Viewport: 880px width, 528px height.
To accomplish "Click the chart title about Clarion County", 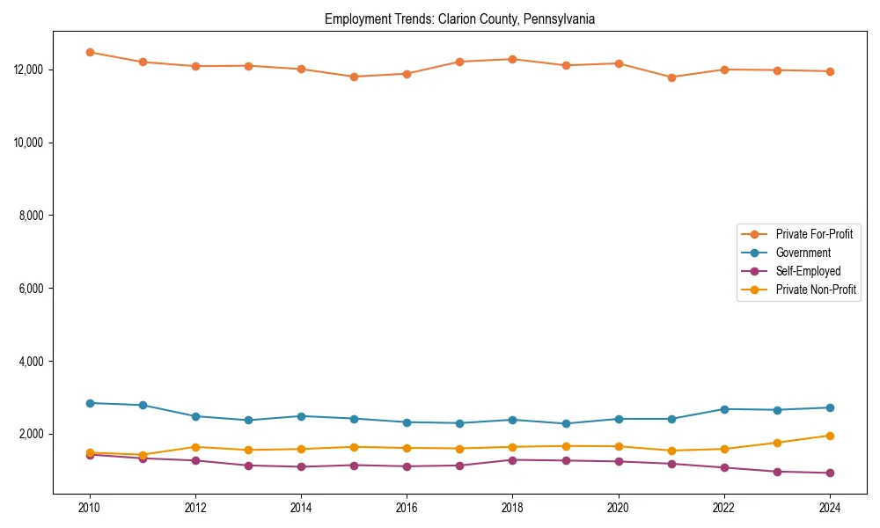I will pos(459,19).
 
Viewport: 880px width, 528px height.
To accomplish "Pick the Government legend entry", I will pos(803,253).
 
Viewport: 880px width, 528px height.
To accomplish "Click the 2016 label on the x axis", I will pos(407,508).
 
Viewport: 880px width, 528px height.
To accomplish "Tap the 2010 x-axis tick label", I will pos(89,508).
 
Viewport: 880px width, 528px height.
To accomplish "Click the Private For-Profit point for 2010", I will pos(90,52).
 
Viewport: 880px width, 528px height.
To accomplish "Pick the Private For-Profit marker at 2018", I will pos(512,59).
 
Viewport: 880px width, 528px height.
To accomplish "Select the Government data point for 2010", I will pos(90,403).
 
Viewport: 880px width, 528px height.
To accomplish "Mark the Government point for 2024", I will pos(830,407).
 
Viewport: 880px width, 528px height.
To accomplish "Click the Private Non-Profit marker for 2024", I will pos(830,436).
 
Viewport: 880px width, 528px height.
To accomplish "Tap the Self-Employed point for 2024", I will pos(830,473).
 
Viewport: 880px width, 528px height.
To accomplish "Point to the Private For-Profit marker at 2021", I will pos(671,77).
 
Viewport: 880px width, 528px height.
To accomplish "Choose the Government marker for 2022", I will pos(724,409).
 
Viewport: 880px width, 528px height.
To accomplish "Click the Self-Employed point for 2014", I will pos(301,466).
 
